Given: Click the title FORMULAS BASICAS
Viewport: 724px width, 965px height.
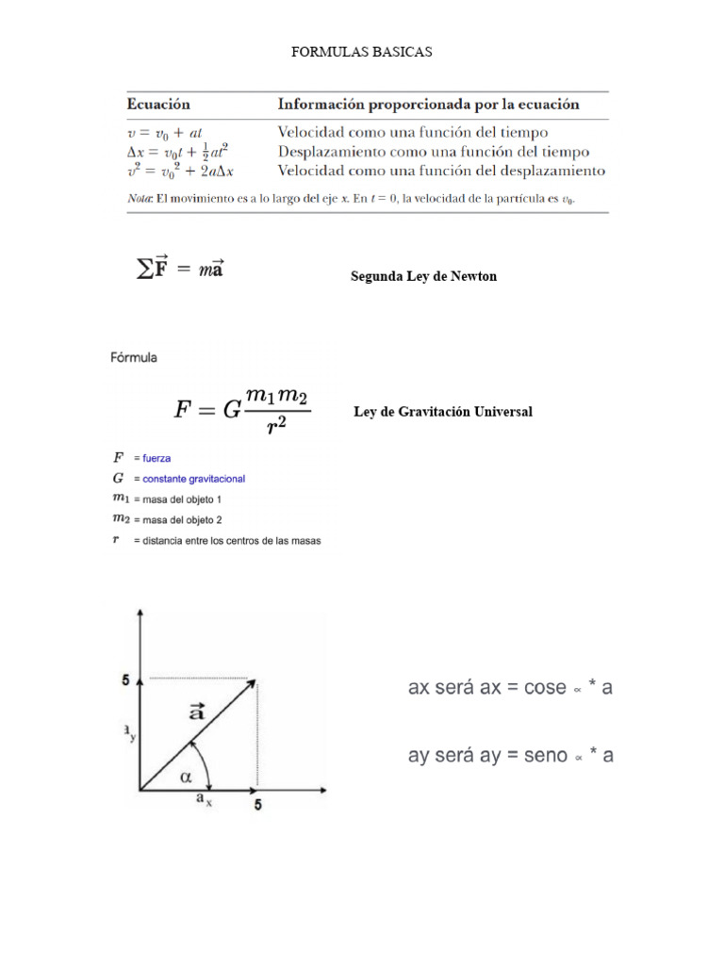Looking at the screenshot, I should [361, 52].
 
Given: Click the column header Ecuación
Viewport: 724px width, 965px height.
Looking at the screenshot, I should [158, 104].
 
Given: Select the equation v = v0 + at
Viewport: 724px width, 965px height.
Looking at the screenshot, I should [165, 133].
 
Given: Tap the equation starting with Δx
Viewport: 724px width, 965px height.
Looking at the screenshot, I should [178, 152].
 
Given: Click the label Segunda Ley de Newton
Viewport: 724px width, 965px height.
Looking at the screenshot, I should [423, 276].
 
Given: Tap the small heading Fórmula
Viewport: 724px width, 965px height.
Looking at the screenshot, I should [134, 357].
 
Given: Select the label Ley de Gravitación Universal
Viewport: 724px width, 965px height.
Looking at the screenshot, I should [442, 412].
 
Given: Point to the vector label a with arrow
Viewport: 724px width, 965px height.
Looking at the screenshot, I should [197, 711].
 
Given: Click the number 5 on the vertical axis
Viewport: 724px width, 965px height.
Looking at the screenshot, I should [124, 679].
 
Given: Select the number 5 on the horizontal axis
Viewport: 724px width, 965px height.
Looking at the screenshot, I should [257, 807].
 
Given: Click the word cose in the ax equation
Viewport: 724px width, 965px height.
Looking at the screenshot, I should [545, 688].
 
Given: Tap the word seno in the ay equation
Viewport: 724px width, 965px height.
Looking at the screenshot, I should [543, 756].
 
